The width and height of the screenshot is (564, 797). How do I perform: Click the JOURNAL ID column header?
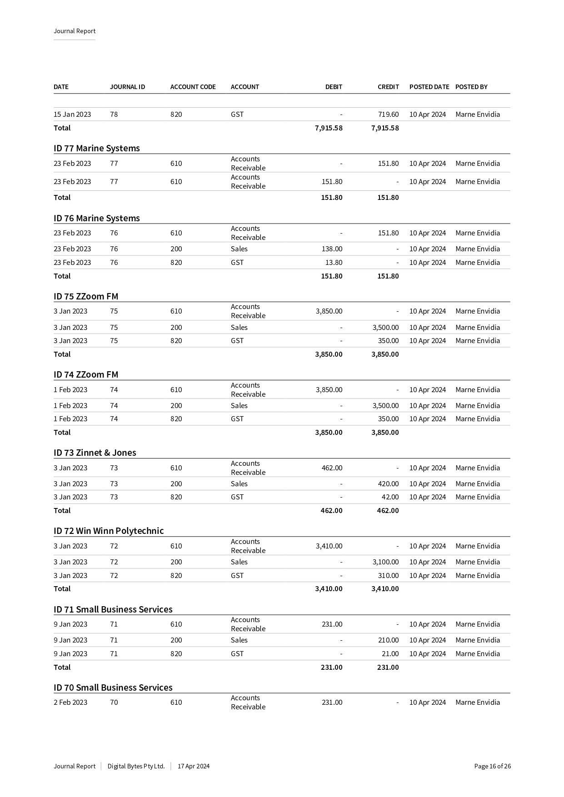pos(127,87)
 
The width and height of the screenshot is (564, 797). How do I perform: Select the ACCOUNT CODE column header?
pos(193,87)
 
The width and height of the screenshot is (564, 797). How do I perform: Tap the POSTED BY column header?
pos(471,87)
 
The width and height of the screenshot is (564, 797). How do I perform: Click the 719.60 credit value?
pos(388,115)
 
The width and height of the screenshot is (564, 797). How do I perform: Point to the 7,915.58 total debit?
pos(329,128)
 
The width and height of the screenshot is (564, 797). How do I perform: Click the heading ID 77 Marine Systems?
pos(97,148)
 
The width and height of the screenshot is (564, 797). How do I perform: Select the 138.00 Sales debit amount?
pos(332,249)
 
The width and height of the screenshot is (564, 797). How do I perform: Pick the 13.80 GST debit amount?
pos(334,263)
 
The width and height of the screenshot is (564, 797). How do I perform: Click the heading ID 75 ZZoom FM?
pos(86,296)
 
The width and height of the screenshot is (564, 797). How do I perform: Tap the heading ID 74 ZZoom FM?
pos(86,374)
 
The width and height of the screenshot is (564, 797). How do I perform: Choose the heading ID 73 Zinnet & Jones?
pos(95,453)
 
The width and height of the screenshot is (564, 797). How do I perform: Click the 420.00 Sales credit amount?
pos(388,484)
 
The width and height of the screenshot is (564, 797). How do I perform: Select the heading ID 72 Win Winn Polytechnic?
pos(109,531)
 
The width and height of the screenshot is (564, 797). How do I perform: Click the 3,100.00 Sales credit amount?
pos(385,562)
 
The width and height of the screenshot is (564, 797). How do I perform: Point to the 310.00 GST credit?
pos(388,576)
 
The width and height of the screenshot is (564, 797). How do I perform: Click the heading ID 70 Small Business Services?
pos(113,687)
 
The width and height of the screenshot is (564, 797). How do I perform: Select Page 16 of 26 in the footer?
pos(492,766)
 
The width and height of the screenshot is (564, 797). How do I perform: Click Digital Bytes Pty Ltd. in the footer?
pos(136,766)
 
